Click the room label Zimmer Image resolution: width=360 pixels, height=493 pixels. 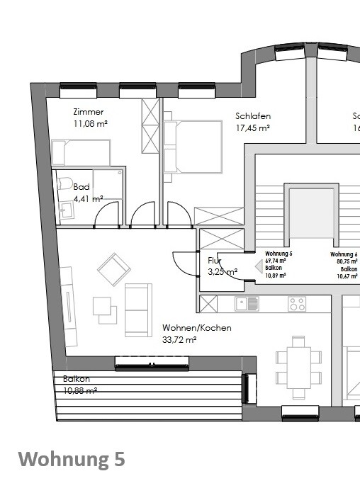(89, 112)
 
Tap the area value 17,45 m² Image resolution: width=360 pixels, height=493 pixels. (252, 128)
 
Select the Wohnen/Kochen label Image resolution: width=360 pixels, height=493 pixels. (196, 328)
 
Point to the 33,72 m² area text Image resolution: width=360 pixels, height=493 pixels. (179, 339)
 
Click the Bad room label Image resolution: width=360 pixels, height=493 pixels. (81, 187)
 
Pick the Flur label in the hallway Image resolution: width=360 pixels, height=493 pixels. (215, 260)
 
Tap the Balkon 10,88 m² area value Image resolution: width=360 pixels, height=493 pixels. (79, 390)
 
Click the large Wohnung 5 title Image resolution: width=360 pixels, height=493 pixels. (71, 459)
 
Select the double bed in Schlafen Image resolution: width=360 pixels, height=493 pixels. (181, 146)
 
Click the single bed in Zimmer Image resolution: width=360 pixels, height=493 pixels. (81, 152)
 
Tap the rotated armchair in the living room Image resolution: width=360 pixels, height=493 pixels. (114, 269)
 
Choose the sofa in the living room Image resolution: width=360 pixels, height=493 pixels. (138, 310)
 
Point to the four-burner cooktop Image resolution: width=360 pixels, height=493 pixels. (297, 304)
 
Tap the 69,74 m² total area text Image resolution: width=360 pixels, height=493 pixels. (276, 261)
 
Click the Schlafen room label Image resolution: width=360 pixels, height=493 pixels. (253, 116)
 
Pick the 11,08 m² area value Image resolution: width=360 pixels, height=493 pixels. (90, 123)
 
